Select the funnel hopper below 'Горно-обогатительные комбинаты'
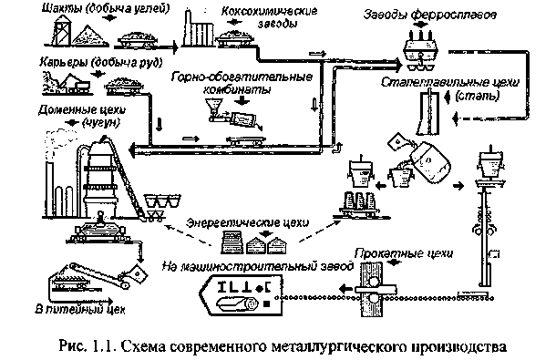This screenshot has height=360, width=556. coord(211,114)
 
